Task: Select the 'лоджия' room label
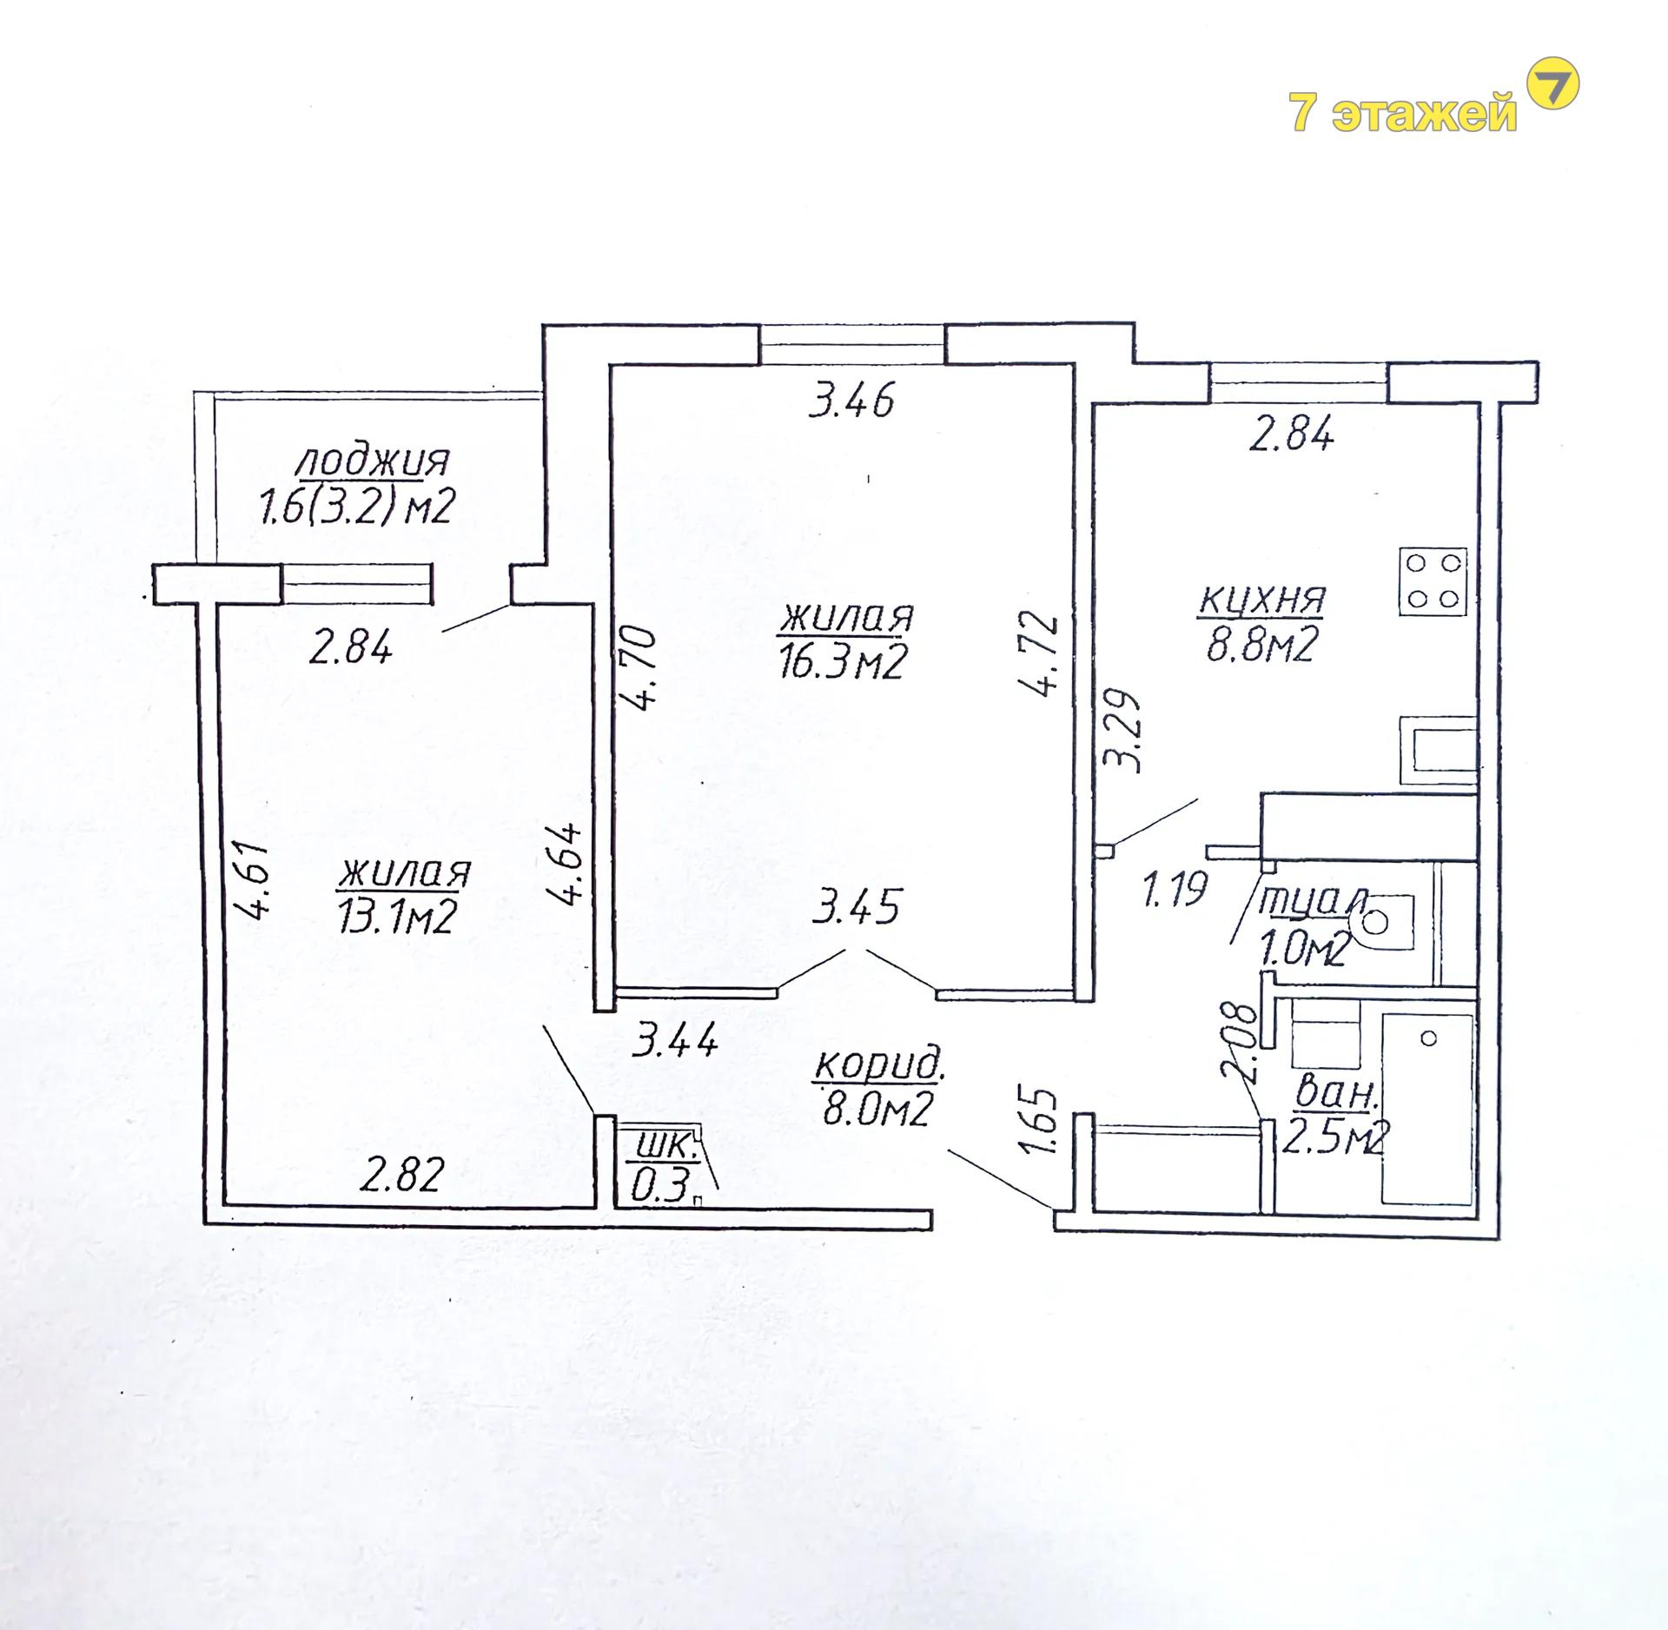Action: [x=374, y=461]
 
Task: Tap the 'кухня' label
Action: [x=1261, y=600]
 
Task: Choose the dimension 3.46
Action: [x=851, y=401]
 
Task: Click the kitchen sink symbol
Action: [x=1438, y=751]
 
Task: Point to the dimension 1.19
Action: [x=1175, y=890]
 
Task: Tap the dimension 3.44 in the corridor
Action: [x=675, y=1039]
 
